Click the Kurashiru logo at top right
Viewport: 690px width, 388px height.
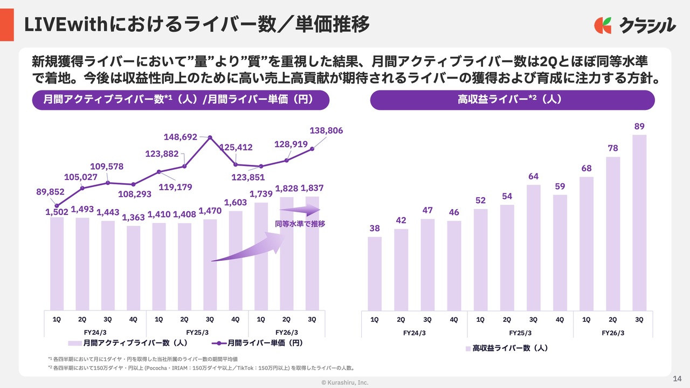tap(634, 25)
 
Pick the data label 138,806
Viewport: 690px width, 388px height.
tap(326, 131)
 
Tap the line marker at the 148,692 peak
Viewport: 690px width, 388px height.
tap(210, 137)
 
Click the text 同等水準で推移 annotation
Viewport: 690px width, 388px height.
tap(300, 223)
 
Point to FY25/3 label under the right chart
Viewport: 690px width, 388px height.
tap(520, 332)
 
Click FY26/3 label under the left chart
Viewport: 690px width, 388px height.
tap(287, 332)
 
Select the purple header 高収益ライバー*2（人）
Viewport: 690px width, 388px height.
tap(512, 100)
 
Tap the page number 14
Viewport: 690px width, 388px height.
tap(678, 378)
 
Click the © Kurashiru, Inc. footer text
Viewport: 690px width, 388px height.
tap(345, 382)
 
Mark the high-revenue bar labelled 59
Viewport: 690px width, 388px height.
tap(560, 252)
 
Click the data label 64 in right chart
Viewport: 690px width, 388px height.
tap(533, 176)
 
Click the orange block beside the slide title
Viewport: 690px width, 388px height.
tap(6, 25)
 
